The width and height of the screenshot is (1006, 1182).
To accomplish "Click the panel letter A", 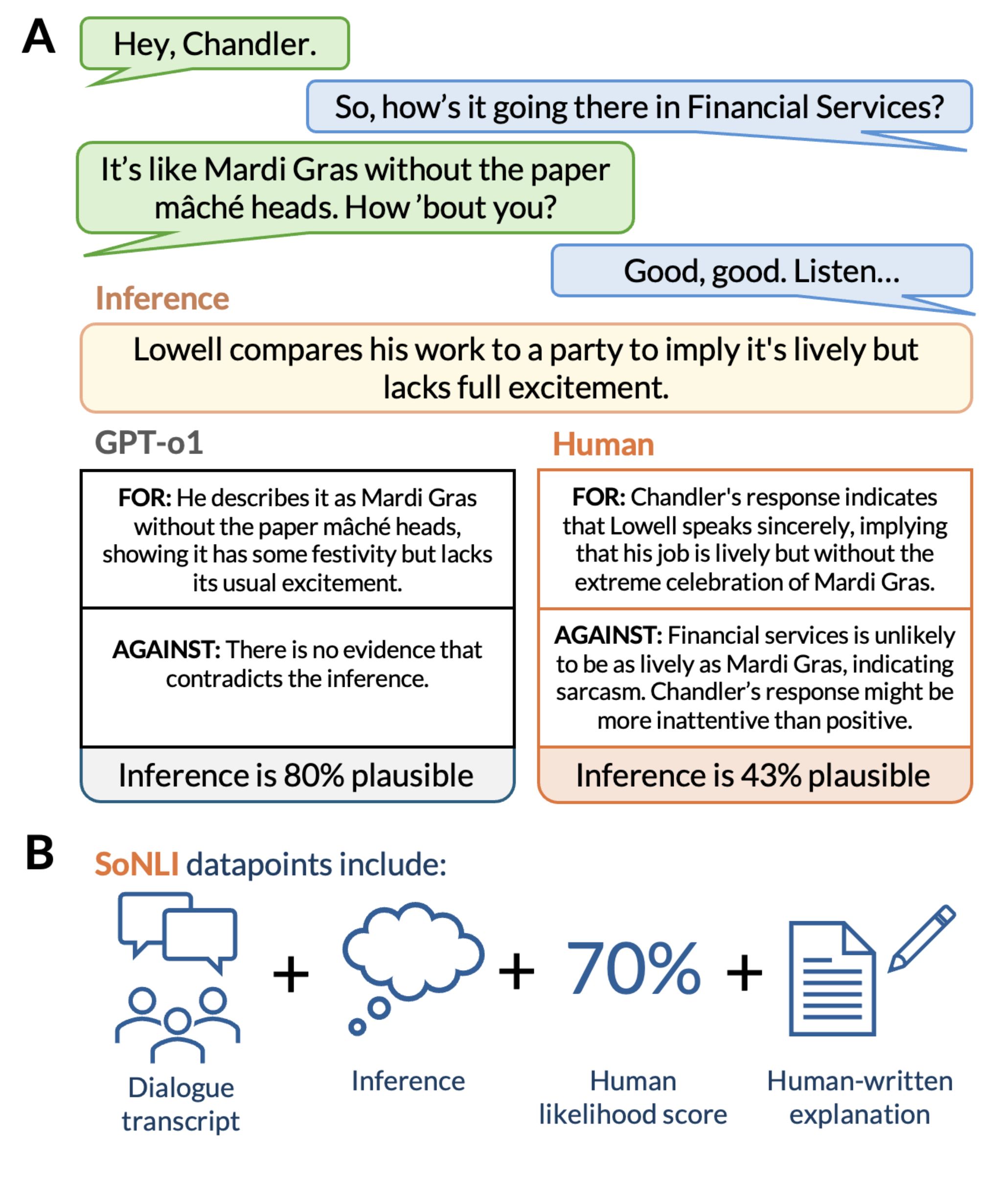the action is pos(39,37).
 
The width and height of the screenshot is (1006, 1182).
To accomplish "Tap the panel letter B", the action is pos(40,854).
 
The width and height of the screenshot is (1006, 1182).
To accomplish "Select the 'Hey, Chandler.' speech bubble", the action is pos(214,45).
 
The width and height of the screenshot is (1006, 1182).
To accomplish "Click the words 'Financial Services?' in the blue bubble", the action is pos(816,107).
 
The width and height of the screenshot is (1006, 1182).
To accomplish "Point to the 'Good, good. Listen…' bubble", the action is pos(762,272).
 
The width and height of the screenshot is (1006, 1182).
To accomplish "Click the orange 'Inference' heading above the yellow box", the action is pos(162,298).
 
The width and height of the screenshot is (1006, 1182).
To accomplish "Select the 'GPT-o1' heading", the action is pos(149,442).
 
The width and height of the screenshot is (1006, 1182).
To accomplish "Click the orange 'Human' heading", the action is pos(603,444).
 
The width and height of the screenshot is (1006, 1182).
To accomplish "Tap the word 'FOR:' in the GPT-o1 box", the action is pos(144,498).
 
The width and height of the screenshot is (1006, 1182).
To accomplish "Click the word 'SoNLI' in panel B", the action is pos(137,864).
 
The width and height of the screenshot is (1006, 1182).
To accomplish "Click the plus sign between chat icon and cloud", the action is pos(291,974).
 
